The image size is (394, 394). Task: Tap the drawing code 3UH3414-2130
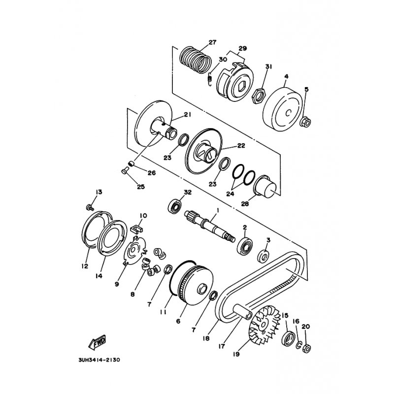coord(98,360)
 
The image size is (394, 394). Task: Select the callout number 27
coord(212,43)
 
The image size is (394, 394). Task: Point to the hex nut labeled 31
coord(257,91)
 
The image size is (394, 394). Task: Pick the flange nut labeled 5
coord(305,121)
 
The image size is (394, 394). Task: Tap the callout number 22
coord(241,146)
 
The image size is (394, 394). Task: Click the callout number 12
coord(85,266)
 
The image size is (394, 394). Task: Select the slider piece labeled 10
coord(137,229)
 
